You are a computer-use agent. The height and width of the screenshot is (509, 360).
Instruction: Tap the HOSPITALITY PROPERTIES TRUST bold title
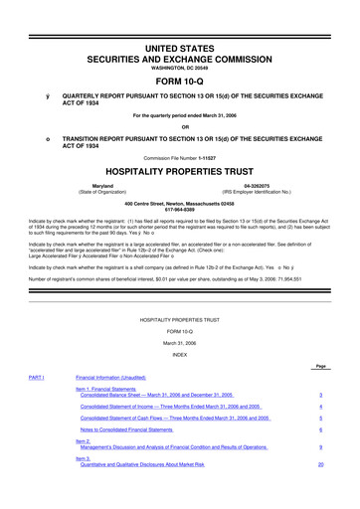pyautogui.click(x=179, y=171)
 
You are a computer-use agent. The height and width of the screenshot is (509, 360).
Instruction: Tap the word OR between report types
pyautogui.click(x=179, y=124)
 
